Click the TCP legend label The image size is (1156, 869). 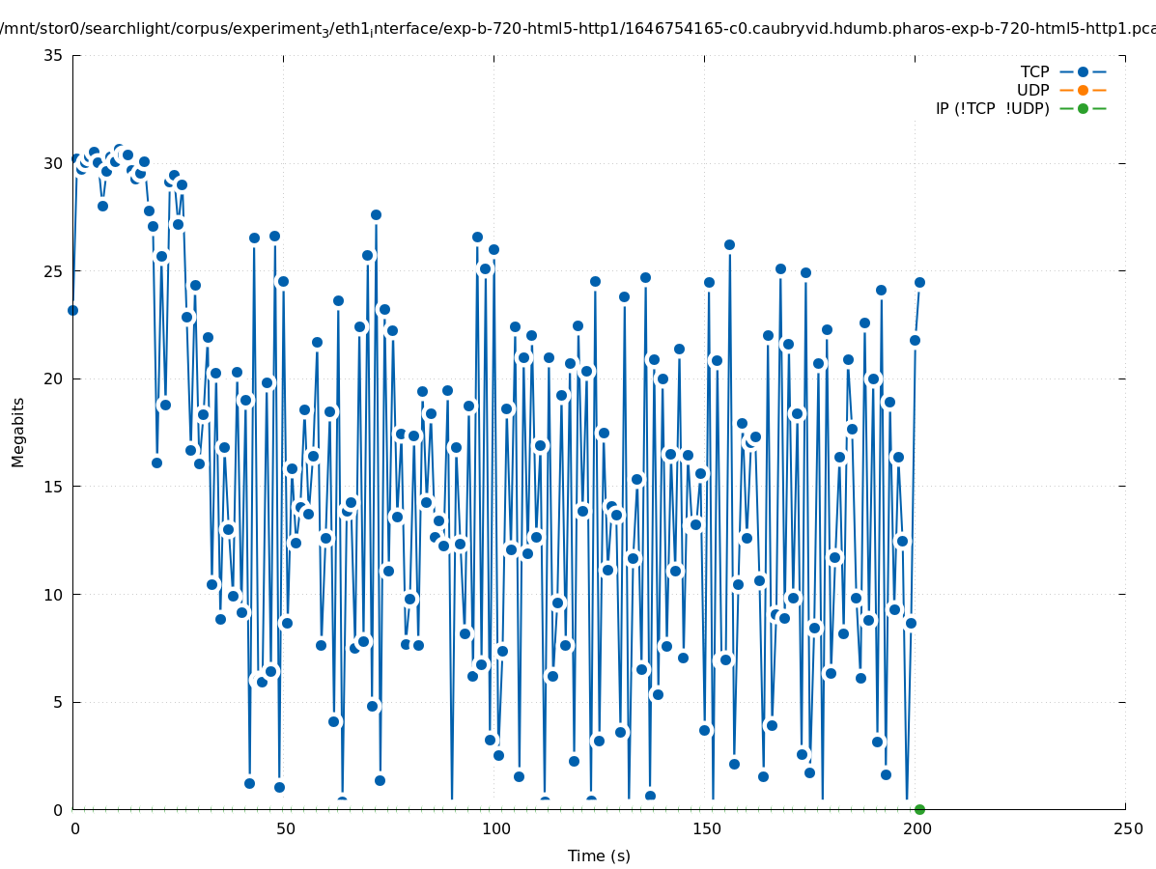(x=1034, y=71)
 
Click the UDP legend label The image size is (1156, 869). (x=1032, y=90)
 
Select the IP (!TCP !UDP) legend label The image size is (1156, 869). (x=992, y=108)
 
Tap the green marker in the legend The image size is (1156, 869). (x=1083, y=108)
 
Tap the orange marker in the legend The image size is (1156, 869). (x=1083, y=90)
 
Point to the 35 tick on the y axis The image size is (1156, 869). (x=54, y=55)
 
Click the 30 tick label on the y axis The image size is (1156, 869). (x=54, y=163)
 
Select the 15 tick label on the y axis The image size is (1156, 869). (x=54, y=487)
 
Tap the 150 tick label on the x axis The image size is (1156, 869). (x=706, y=828)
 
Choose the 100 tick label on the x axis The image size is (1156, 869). (x=495, y=828)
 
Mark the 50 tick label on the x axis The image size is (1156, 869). (x=285, y=828)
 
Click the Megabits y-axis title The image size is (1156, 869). (x=18, y=432)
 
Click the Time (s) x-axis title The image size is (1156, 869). (x=599, y=855)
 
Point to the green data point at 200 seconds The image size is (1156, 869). (x=919, y=809)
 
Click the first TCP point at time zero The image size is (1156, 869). (x=72, y=310)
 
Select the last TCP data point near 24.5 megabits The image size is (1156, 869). (x=919, y=282)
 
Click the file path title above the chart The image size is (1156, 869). (x=578, y=28)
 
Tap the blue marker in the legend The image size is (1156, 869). (x=1083, y=71)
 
